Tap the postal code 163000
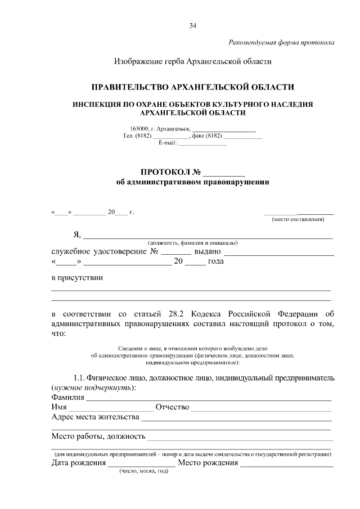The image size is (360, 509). (139, 129)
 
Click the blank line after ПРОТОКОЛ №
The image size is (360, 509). (224, 173)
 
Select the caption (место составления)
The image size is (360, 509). (298, 219)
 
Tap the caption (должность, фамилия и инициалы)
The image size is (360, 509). (192, 242)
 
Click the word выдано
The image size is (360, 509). (207, 251)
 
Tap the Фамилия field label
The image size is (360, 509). (67, 398)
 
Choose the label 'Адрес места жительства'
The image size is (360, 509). (95, 417)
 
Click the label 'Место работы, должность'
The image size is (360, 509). (98, 436)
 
